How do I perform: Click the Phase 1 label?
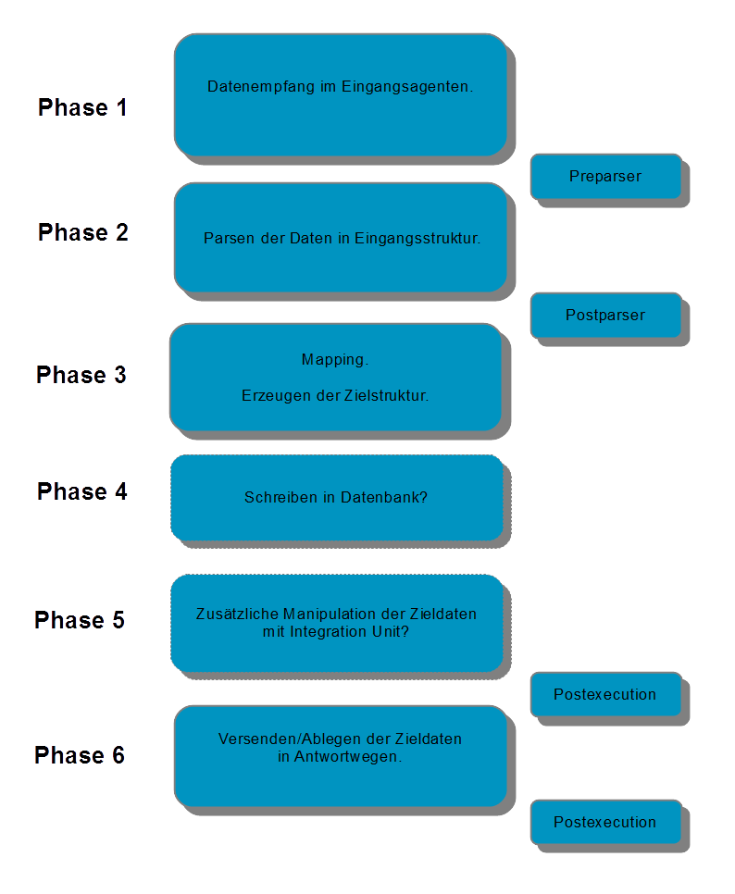tap(82, 107)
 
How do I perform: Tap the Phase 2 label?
tap(83, 232)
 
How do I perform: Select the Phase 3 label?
tap(81, 375)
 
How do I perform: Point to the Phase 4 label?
tap(82, 491)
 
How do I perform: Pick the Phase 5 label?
tap(80, 619)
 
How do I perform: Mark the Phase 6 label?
tap(80, 755)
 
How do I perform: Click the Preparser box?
tap(605, 176)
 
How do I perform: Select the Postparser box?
tap(605, 315)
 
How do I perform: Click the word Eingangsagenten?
tap(418, 87)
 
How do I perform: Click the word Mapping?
tap(335, 360)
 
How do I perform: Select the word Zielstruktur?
tap(390, 395)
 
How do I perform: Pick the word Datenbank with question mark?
tap(384, 497)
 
